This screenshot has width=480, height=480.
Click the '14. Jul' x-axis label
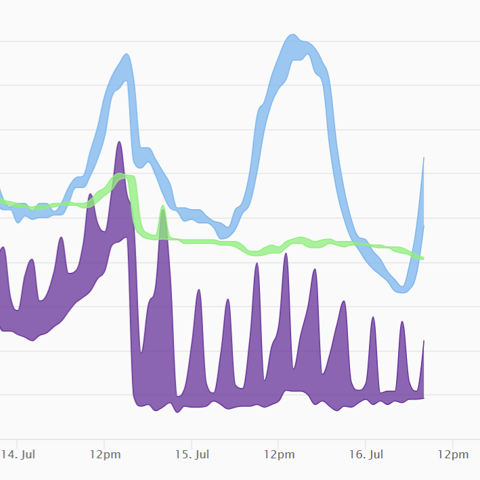click(x=18, y=455)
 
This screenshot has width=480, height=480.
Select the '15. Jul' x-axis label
click(x=192, y=455)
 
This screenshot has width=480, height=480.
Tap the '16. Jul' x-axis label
click(x=366, y=455)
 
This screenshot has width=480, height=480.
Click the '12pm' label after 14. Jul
click(x=105, y=455)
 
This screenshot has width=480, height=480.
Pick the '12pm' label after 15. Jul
click(x=279, y=455)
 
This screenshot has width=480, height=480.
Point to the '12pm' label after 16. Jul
click(x=452, y=455)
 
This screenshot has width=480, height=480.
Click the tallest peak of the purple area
click(x=119, y=144)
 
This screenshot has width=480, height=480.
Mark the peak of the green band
click(x=122, y=177)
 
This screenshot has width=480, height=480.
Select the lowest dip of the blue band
click(x=402, y=289)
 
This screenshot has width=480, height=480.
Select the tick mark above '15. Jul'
click(x=192, y=442)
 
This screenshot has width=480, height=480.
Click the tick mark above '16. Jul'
click(x=366, y=442)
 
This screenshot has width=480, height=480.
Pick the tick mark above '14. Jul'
click(x=18, y=442)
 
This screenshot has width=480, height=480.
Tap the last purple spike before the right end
click(x=402, y=323)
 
